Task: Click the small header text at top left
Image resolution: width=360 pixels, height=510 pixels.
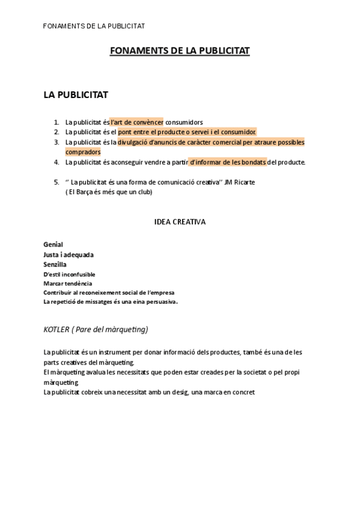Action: [94, 26]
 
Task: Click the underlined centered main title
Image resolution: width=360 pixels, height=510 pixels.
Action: [179, 51]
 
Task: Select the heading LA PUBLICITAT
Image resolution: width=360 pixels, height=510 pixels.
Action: [76, 95]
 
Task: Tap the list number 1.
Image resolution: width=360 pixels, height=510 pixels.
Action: [56, 122]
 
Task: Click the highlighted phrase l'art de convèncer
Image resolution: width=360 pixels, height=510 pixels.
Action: [136, 122]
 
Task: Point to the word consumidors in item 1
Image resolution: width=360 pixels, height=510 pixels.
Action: [184, 122]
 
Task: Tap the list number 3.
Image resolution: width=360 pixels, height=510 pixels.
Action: [56, 142]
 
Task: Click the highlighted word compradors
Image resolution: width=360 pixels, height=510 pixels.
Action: [83, 152]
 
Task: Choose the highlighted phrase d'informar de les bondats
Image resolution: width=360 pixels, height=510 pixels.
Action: [228, 162]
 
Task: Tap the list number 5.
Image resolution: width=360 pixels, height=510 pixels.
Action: [56, 182]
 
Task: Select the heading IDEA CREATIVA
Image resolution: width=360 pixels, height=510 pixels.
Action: [180, 222]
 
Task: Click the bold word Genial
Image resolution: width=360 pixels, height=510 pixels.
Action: [53, 244]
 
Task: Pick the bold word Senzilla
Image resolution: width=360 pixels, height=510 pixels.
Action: [55, 264]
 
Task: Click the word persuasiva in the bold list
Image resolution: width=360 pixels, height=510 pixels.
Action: [160, 301]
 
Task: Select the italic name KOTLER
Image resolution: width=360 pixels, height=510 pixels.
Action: [56, 330]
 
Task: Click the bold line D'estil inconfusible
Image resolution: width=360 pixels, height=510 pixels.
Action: [69, 274]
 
